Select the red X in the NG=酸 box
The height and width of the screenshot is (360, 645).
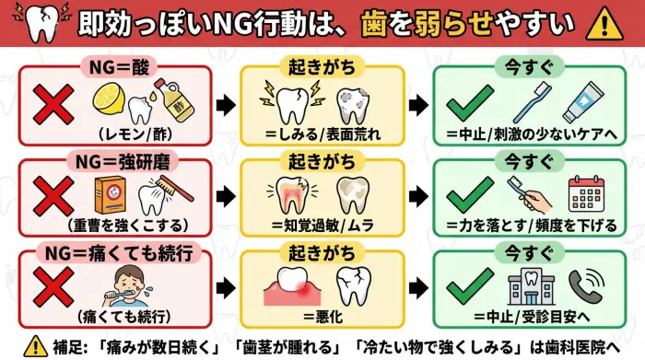tap(53, 105)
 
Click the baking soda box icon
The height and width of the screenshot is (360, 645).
tap(112, 192)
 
